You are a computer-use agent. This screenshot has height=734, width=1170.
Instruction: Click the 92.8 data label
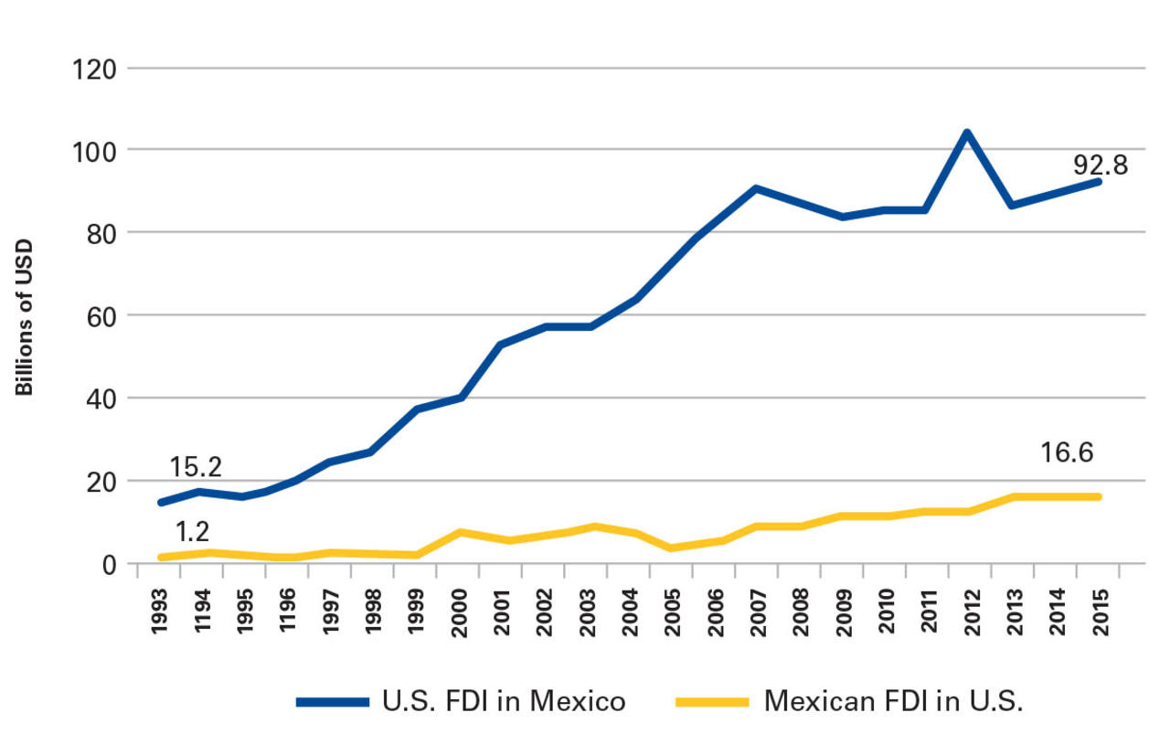coord(1101,165)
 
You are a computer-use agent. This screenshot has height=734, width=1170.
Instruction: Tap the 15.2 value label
coord(195,467)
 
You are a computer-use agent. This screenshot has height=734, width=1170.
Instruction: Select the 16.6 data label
coord(1067,452)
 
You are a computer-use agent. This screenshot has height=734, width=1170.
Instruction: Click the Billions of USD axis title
coord(25,317)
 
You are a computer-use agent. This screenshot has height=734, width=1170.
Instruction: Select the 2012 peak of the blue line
coord(966,133)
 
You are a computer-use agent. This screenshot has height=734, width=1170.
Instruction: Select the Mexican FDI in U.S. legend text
coord(893,701)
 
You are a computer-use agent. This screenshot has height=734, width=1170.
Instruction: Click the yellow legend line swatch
coord(711,702)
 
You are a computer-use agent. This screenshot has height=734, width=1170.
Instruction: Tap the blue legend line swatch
coord(333,702)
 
